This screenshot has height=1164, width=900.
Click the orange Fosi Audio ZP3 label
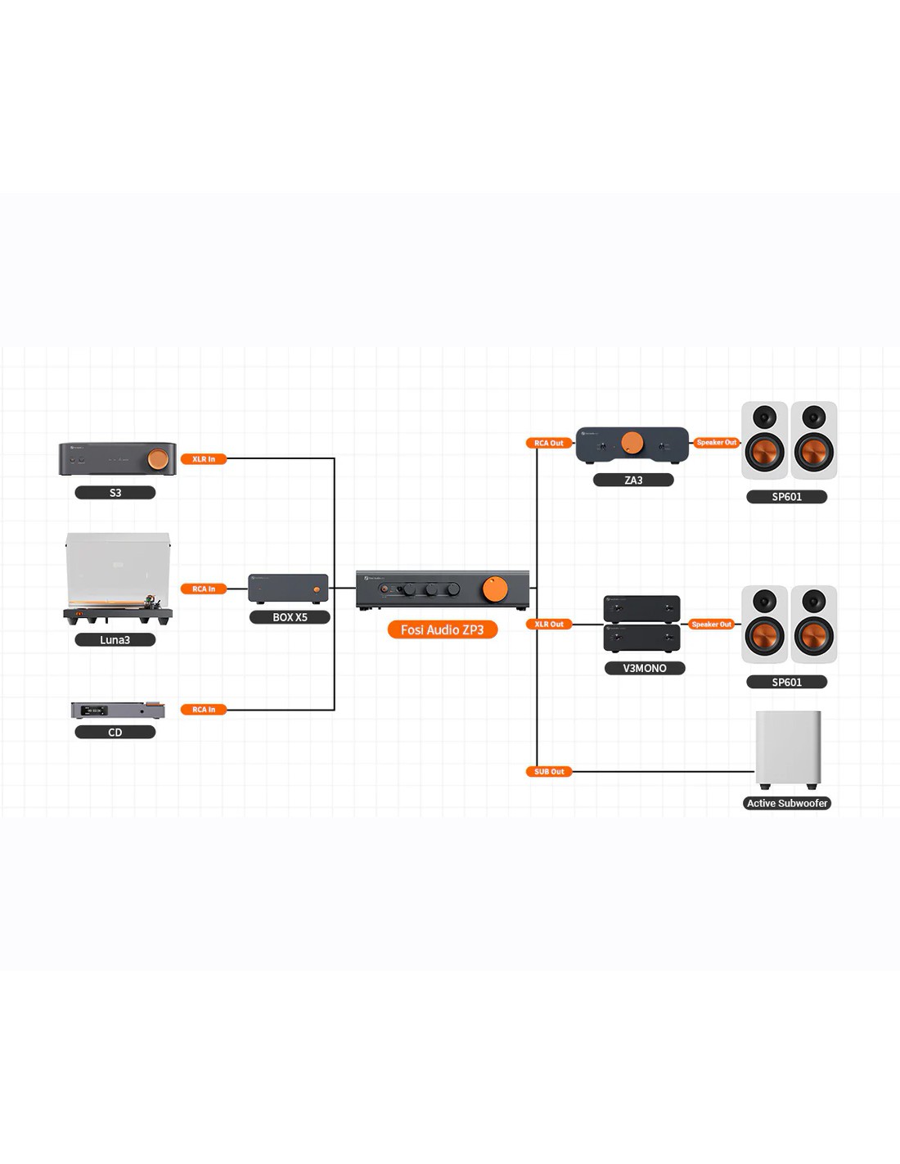[442, 629]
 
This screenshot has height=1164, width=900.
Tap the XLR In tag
[204, 459]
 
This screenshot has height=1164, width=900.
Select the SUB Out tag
[549, 771]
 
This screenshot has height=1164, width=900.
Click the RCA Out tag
[548, 443]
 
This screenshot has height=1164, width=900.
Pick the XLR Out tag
[548, 624]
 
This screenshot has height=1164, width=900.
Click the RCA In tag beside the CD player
[204, 710]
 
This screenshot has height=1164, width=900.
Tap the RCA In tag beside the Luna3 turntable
[204, 589]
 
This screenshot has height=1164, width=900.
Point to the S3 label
[115, 493]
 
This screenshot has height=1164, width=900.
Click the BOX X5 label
[290, 617]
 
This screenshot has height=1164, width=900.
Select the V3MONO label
[645, 668]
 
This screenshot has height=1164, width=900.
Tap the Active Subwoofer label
[787, 803]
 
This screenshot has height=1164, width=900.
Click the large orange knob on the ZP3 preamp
[495, 589]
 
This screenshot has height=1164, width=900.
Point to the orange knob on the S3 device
[159, 459]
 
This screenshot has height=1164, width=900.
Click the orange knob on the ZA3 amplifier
[632, 443]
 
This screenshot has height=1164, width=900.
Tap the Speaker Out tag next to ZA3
[717, 443]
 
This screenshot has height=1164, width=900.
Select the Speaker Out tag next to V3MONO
[712, 624]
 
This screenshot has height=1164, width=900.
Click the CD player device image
[118, 710]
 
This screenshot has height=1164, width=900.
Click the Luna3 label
[115, 640]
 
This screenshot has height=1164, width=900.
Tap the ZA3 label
[633, 480]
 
